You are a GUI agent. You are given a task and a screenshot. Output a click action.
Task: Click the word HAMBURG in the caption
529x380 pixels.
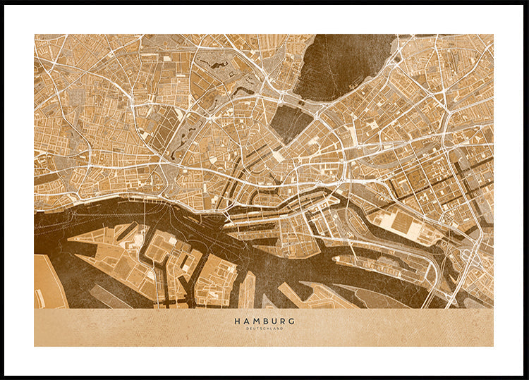pos(264,321)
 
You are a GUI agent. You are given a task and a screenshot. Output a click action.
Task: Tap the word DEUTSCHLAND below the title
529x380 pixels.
pos(264,329)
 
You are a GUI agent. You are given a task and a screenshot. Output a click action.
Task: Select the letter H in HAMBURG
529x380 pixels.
pos(237,321)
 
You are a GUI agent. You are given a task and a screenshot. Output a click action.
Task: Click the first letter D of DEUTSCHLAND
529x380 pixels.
pos(248,329)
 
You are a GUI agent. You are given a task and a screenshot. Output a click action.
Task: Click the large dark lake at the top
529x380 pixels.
pos(339,63)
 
